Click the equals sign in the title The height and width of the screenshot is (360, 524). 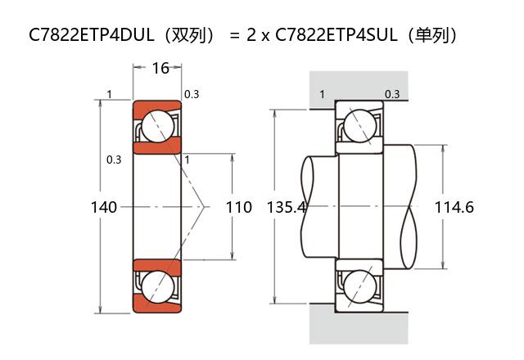tap(234, 36)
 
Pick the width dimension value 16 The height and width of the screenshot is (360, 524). tap(160, 68)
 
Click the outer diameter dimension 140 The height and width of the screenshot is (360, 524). tap(104, 207)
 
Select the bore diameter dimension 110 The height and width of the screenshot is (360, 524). tap(238, 207)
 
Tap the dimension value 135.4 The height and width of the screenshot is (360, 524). tap(286, 207)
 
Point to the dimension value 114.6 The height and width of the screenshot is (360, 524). tap(454, 207)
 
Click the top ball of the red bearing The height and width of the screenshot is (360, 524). tap(157, 127)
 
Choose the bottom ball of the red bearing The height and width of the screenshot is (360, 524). tap(157, 286)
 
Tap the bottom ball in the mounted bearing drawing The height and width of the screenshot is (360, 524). tap(360, 287)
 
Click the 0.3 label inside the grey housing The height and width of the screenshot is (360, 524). tap(392, 94)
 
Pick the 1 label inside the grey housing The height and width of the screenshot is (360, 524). tap(322, 94)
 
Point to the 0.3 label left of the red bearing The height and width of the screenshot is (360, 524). tap(114, 160)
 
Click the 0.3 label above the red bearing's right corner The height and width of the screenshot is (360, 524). tap(192, 94)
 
